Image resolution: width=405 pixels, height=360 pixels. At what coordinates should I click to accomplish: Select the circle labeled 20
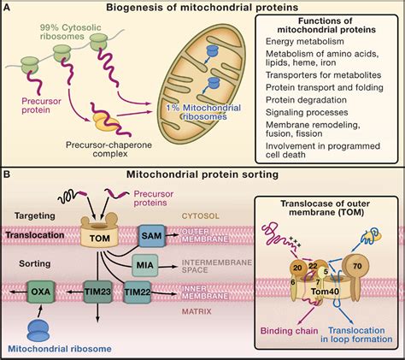[296, 268]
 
